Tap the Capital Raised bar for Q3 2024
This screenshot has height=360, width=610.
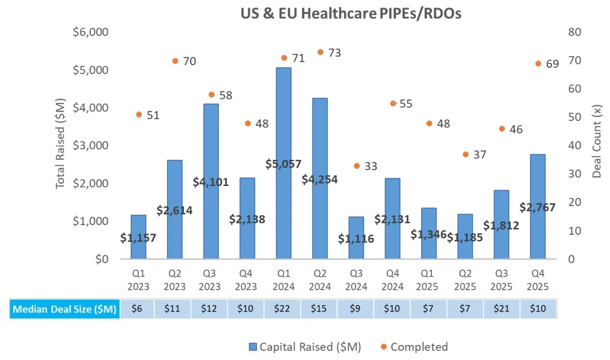356,238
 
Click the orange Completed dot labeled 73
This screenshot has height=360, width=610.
320,52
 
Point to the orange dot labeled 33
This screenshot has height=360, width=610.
356,166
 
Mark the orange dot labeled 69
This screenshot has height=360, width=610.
538,63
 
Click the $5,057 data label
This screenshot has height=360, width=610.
283,164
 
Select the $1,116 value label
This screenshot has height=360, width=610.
356,239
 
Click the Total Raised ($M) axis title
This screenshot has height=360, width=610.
60,145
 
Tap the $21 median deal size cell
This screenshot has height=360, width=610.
502,309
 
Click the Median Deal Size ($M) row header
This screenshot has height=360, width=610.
65,309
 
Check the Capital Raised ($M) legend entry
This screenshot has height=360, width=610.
305,347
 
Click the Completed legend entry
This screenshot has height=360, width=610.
414,347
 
